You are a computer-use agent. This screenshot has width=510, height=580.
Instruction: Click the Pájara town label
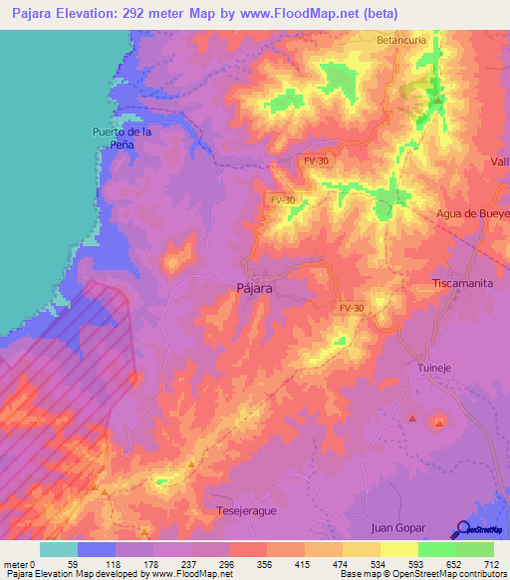(257, 287)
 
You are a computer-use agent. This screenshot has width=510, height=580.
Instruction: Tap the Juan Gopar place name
(398, 527)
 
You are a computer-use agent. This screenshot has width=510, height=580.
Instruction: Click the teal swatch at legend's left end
(59, 549)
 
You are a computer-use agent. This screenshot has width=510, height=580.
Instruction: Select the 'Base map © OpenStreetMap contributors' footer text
(422, 574)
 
